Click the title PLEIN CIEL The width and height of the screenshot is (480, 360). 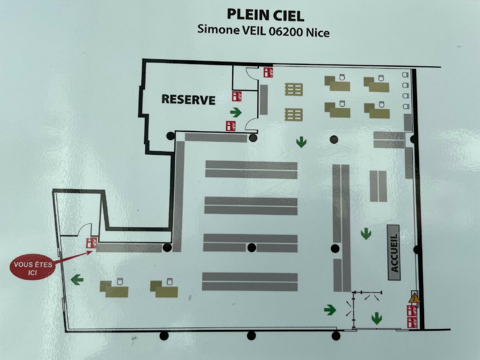click(265, 15)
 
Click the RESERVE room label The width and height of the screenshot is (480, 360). click(188, 99)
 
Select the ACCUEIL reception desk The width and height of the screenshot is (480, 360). click(394, 252)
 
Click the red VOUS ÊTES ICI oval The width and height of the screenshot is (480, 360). click(33, 268)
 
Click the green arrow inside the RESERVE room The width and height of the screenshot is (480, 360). click(236, 112)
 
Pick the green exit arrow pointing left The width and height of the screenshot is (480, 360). click(77, 280)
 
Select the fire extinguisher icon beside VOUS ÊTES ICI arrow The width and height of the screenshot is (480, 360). click(91, 242)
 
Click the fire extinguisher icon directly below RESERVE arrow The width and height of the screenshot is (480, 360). click(231, 126)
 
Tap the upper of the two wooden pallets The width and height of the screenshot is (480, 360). click(294, 89)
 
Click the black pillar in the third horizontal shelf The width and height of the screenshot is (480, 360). click(252, 247)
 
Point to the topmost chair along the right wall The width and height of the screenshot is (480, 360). click(405, 75)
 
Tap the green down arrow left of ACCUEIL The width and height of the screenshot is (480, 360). click(366, 234)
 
